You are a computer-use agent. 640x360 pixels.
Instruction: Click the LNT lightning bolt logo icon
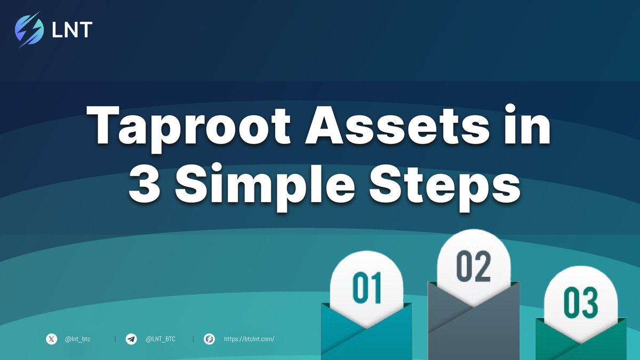[30, 30]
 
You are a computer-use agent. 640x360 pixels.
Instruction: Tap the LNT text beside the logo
[71, 30]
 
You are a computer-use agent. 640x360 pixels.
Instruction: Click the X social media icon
[51, 339]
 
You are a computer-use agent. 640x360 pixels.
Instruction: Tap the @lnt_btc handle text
[77, 339]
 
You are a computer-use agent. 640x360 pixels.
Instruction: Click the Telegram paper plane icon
[131, 339]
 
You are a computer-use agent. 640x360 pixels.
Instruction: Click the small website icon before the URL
[210, 339]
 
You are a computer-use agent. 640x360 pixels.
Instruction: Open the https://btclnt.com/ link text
[249, 339]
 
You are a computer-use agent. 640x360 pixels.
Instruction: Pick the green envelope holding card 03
[581, 341]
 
